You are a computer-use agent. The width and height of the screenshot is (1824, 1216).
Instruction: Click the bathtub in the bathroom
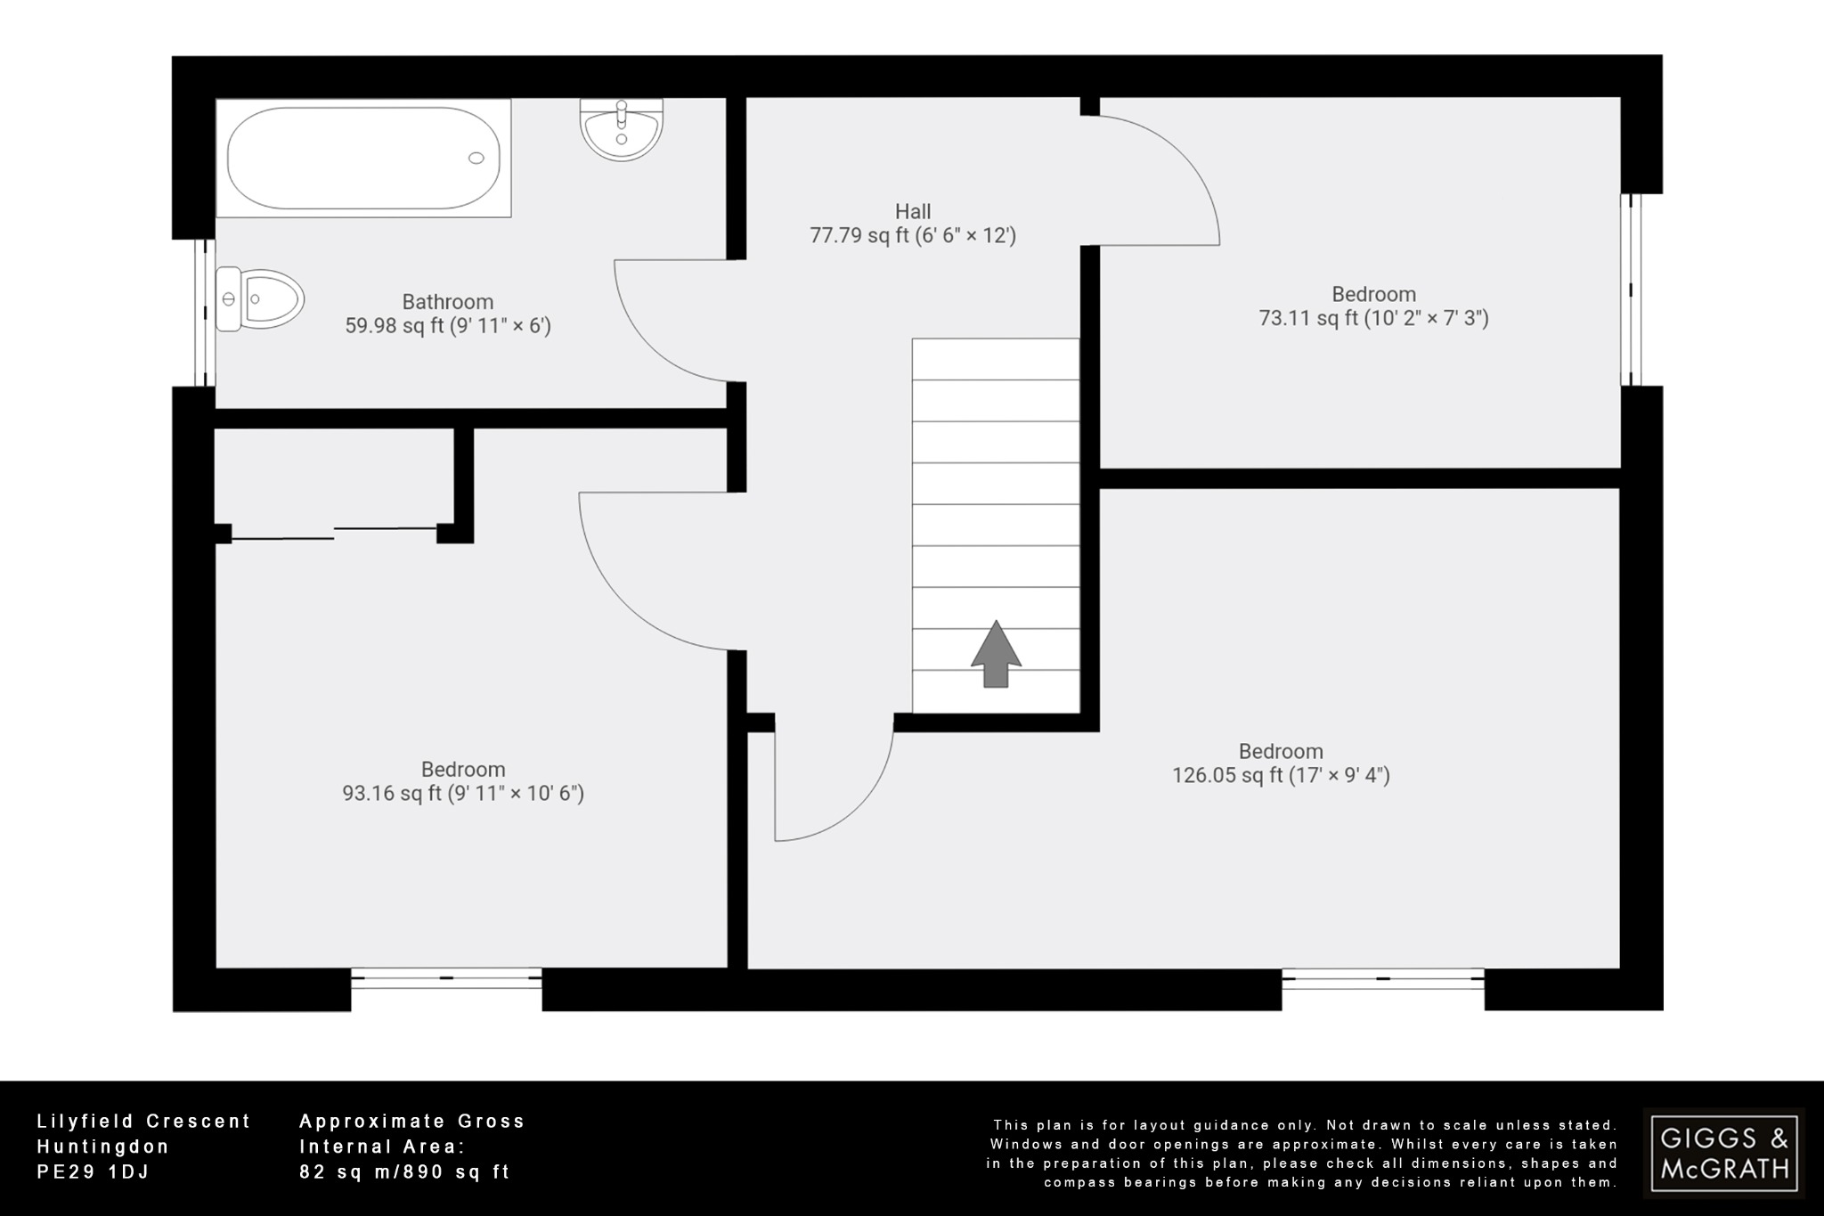point(363,158)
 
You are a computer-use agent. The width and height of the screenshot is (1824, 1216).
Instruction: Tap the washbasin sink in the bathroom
point(622,129)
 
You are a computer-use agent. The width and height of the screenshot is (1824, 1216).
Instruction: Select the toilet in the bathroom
point(260,299)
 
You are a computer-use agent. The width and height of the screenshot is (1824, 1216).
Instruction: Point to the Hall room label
point(913,212)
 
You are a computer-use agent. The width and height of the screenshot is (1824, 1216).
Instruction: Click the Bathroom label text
point(447,302)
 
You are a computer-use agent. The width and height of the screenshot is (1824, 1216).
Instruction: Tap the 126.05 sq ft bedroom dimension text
point(1280,775)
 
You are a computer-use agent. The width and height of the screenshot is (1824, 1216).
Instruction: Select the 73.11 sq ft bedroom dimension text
point(1372,318)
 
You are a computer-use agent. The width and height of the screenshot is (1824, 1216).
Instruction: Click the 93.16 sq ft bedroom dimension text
point(463,793)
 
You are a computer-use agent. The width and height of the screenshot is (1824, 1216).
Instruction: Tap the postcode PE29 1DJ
point(94,1172)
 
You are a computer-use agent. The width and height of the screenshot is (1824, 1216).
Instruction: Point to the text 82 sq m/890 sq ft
point(404,1172)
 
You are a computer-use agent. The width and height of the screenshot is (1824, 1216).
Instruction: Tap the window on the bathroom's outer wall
point(206,312)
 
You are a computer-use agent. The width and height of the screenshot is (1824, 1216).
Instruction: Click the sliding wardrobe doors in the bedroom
point(334,534)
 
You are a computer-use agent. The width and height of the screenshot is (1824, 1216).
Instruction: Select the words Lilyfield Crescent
point(143,1122)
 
